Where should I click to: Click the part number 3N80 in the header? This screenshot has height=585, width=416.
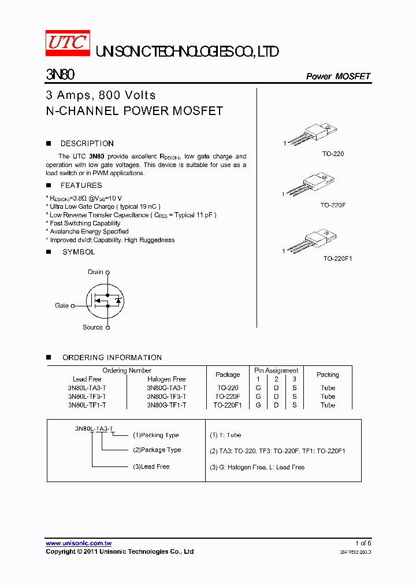(x=60, y=76)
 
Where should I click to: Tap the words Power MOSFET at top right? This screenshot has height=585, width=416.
(x=337, y=76)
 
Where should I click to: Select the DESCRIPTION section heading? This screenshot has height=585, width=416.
(x=87, y=143)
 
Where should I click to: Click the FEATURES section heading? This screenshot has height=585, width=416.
(x=81, y=186)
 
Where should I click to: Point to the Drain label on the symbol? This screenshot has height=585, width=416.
(x=95, y=272)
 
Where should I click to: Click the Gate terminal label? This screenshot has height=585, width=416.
(x=62, y=305)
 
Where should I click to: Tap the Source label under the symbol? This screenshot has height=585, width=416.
(x=92, y=327)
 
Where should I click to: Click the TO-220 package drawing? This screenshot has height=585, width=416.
(x=312, y=134)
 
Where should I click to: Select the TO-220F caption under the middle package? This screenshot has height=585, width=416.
(x=333, y=205)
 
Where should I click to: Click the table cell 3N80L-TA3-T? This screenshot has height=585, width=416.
(x=87, y=388)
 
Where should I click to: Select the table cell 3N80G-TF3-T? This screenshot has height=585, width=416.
(x=166, y=397)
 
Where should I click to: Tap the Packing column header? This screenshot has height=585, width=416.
(x=328, y=375)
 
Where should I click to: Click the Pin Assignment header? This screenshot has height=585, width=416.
(x=276, y=371)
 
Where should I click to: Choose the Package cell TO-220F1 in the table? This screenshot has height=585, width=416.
(x=228, y=405)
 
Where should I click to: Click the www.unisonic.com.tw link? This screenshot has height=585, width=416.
(x=79, y=543)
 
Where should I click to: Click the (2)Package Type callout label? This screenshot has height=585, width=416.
(x=157, y=450)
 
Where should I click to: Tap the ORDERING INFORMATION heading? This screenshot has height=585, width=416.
(x=112, y=358)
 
